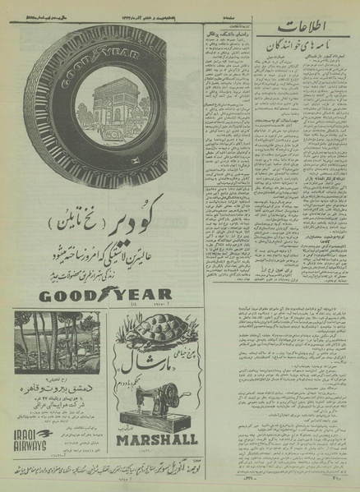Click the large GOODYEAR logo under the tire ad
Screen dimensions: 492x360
coord(93,294)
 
